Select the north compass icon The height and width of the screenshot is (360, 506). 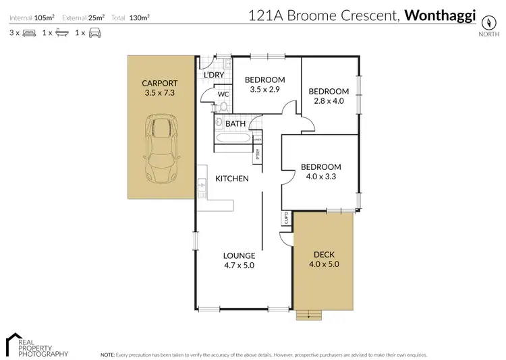(484, 20)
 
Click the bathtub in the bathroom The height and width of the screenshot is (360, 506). (233, 138)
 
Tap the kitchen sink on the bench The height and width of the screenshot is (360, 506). (201, 183)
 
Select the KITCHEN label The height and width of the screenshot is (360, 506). (232, 179)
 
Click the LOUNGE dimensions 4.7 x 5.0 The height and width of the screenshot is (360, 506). (240, 265)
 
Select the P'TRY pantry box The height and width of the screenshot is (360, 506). (258, 154)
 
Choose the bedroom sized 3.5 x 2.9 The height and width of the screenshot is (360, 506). (264, 84)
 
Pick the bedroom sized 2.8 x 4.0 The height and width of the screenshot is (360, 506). (328, 96)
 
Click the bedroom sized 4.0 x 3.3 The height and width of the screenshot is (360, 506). (320, 172)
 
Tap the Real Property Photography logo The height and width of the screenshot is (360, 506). (36, 344)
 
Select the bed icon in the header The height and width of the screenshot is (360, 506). (29, 32)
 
